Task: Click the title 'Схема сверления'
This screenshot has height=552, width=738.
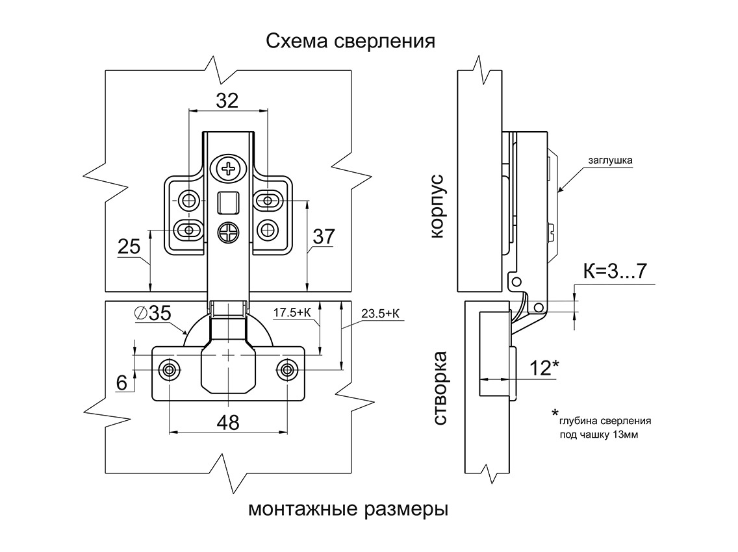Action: point(350,42)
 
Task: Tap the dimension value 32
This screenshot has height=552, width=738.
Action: point(227,101)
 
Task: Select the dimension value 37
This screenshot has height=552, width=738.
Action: point(324,236)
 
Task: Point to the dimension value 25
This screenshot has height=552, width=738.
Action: point(129,247)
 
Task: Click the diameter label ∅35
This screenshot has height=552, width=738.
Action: point(153,314)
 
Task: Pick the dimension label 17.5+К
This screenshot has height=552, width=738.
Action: point(292,312)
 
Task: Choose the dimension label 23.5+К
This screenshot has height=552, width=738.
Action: point(380,314)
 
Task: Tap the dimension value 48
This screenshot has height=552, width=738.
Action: point(228,423)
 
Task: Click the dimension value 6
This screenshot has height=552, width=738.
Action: point(122,383)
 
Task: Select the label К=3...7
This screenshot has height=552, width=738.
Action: point(615,271)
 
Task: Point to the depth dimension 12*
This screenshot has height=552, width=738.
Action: point(544,368)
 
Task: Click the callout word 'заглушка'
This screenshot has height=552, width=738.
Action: point(610,160)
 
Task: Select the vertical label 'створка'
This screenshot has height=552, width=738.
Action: point(439,388)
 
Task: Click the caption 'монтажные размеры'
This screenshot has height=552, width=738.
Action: point(348,510)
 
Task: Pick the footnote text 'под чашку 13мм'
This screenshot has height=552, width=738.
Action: point(599,434)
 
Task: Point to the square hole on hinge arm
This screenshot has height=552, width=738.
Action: point(227,203)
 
